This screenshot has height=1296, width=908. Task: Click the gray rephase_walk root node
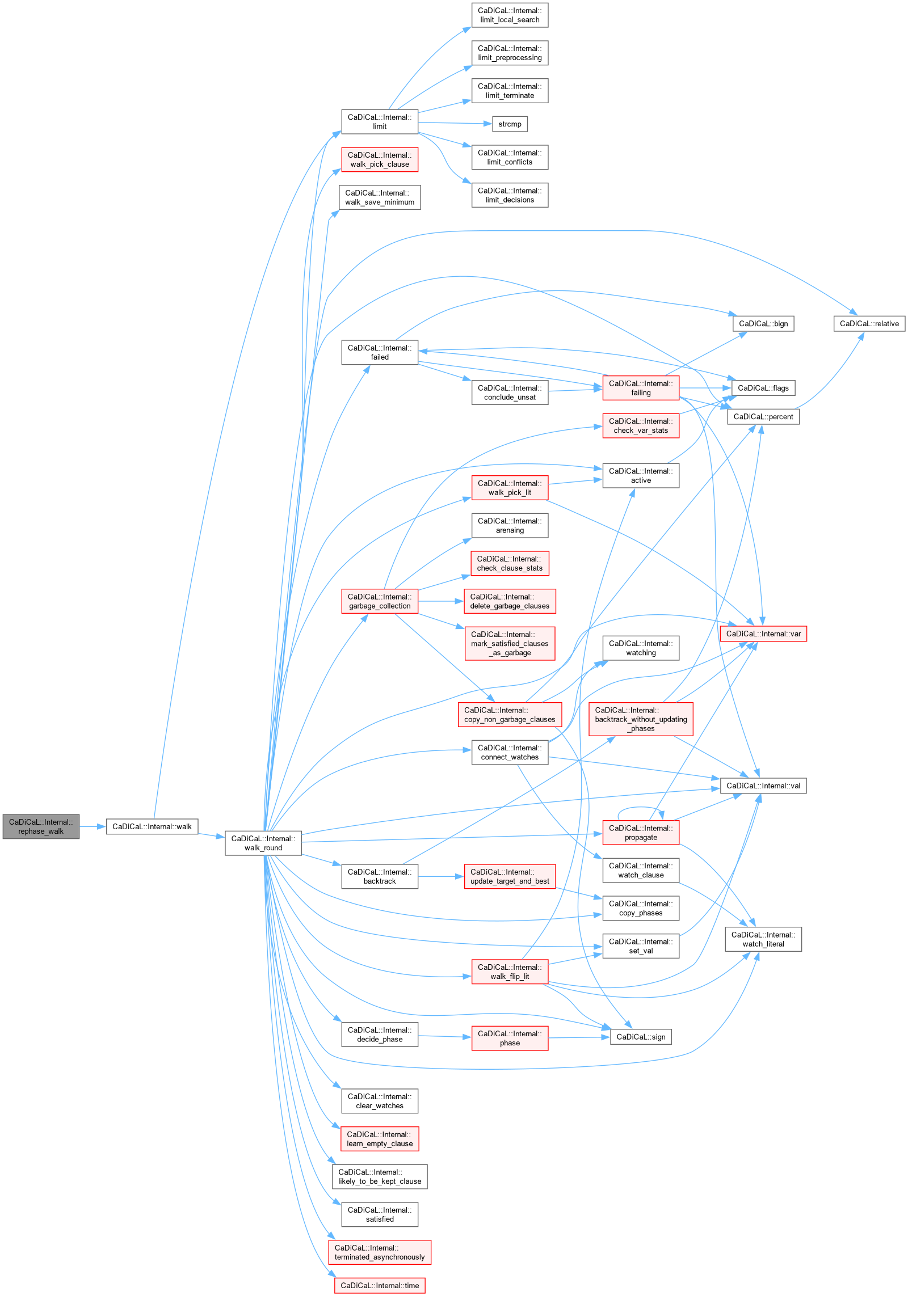[41, 826]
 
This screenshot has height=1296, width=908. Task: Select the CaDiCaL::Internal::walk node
[152, 826]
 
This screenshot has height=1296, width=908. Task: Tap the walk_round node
[263, 843]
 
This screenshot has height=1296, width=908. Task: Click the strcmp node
[510, 124]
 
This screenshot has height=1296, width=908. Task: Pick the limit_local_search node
[510, 15]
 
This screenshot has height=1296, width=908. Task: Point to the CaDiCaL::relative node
[869, 324]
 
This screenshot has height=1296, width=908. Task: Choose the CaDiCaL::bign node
[763, 324]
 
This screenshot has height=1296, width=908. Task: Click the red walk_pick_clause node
[380, 160]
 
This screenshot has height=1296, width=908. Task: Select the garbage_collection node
[380, 601]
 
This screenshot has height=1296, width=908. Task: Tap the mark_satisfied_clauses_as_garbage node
[510, 644]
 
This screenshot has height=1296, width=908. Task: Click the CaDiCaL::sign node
[641, 1037]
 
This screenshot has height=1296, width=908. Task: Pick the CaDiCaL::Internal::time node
[380, 1286]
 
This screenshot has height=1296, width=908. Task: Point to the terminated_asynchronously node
[380, 1252]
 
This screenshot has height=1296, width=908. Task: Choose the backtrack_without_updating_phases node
[641, 719]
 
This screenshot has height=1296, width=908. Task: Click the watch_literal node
[763, 939]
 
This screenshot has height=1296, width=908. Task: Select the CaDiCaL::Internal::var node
[763, 634]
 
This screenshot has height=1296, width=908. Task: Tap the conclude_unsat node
[510, 392]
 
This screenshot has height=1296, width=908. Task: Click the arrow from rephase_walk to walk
[93, 826]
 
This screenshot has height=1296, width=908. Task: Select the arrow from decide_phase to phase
[445, 1036]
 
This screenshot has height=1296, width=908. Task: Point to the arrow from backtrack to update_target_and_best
[441, 876]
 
